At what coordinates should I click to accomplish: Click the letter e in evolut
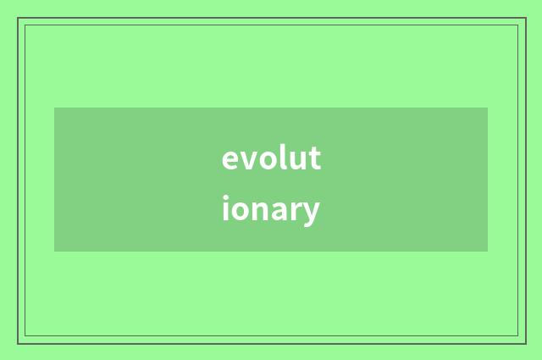(230, 160)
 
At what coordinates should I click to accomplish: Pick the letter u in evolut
(296, 160)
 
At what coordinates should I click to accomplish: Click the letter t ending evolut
(314, 158)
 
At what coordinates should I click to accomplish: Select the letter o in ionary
(241, 211)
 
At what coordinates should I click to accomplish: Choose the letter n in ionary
(261, 210)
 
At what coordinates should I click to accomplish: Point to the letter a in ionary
(280, 211)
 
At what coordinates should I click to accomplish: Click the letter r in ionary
(297, 210)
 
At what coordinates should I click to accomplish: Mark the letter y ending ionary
(312, 213)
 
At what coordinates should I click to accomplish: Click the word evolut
(271, 158)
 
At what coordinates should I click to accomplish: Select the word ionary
(271, 210)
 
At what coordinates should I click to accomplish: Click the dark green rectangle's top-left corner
(54, 108)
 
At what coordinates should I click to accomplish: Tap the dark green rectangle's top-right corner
(488, 108)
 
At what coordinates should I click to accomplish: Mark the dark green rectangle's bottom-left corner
(54, 252)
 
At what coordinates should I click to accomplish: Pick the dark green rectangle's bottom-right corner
(488, 252)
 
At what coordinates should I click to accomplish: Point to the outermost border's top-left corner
(18, 18)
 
